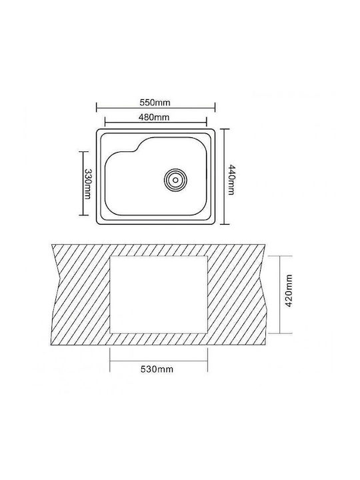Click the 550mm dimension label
point(155,103)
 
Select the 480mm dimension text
point(154,117)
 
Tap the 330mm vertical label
point(87,184)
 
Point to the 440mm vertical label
point(232,180)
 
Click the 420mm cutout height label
point(289,291)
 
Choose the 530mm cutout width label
point(157,369)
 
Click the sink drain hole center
point(175,180)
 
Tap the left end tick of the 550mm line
point(97,107)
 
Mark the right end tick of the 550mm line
point(215,107)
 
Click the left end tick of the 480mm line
point(105,121)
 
